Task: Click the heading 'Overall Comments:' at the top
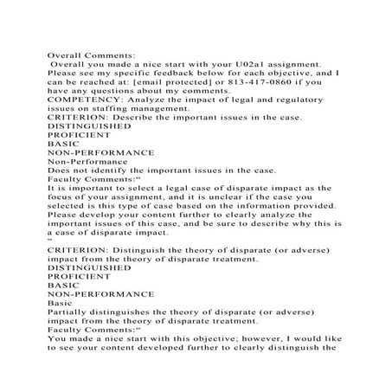(89, 55)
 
